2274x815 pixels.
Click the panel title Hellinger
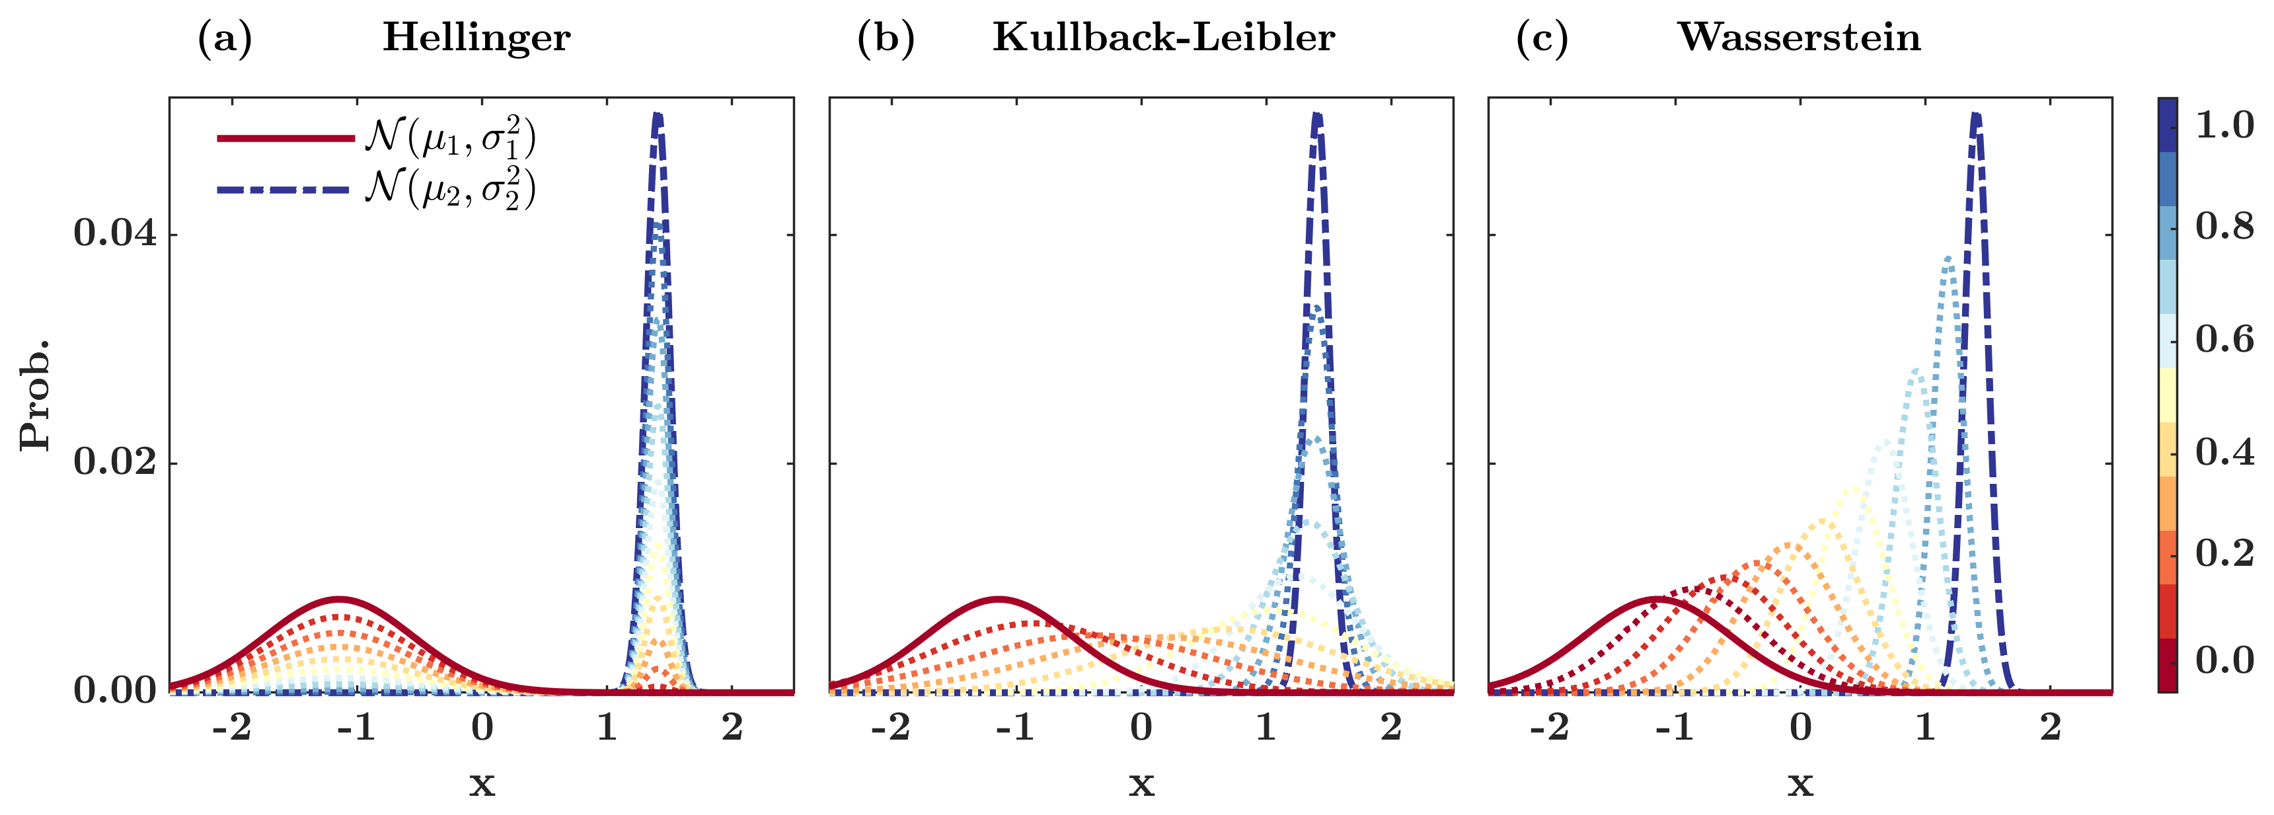[x=476, y=38]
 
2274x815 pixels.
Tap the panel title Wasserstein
[x=1798, y=38]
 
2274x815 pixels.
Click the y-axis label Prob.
[x=35, y=395]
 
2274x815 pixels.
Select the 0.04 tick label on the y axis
[x=115, y=233]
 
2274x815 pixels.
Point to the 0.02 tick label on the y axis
[x=115, y=462]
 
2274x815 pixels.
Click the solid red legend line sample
[x=284, y=137]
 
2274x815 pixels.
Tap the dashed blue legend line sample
[x=284, y=189]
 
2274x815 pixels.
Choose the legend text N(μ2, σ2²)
[x=450, y=189]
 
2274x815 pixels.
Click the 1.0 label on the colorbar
[x=2224, y=126]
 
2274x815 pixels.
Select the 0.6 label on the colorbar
[x=2224, y=339]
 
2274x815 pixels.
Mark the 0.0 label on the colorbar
[x=2224, y=660]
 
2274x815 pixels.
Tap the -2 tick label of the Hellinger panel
[x=231, y=728]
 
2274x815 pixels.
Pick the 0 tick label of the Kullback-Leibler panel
[x=1141, y=728]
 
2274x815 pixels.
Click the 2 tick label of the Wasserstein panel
[x=2050, y=728]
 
